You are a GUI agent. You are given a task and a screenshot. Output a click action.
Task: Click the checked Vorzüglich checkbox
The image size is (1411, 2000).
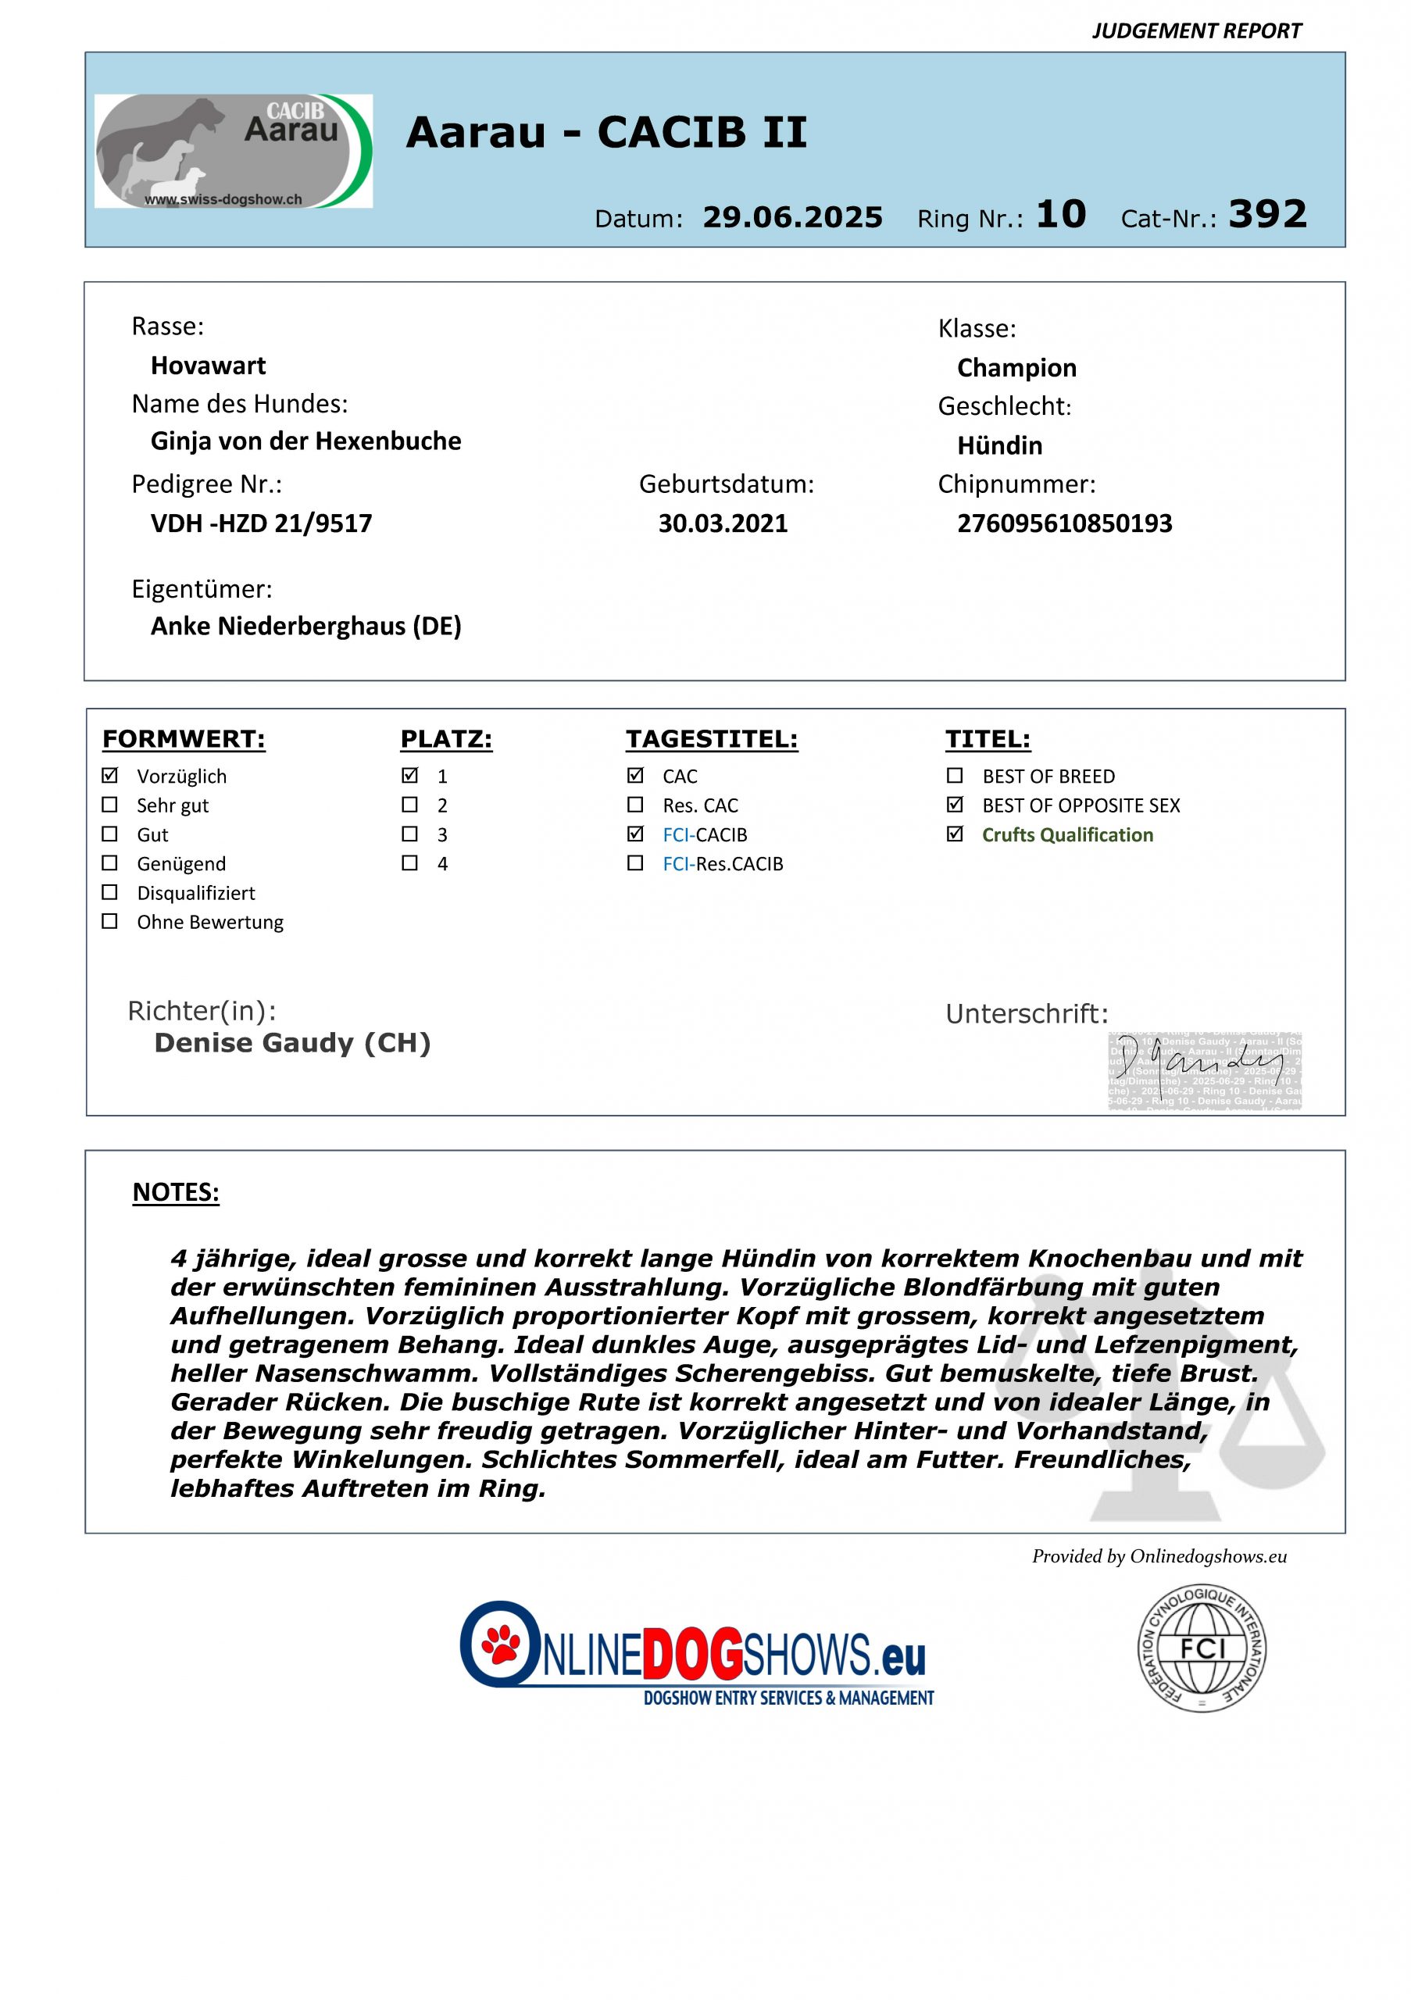109,775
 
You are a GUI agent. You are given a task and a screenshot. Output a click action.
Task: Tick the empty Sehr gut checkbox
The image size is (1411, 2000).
109,804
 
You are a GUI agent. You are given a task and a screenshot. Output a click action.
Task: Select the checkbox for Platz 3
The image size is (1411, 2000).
409,834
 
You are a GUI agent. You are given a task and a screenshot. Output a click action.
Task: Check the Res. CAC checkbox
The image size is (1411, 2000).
636,804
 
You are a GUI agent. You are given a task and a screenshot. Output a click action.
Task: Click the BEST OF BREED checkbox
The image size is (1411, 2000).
956,775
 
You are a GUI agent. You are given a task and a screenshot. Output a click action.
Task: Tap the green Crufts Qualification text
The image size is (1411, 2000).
1067,834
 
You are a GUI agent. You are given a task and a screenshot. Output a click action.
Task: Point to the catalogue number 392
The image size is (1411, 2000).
1267,214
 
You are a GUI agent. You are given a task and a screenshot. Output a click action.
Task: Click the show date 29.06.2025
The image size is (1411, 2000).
792,217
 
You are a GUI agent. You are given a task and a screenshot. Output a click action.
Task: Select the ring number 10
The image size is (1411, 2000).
1061,214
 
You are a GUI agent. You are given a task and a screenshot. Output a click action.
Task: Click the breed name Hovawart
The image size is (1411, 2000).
208,366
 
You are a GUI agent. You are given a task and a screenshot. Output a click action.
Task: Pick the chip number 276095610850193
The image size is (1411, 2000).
1064,523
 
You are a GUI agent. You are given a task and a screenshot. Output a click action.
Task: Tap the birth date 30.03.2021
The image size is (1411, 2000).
723,523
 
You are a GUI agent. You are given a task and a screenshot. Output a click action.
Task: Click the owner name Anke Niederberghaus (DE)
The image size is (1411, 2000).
305,627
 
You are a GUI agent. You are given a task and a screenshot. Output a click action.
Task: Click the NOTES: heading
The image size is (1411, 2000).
176,1192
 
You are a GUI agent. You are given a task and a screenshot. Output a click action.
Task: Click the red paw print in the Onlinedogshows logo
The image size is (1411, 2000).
501,1643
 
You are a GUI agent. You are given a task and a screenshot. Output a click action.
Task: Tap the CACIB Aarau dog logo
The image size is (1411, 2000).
234,152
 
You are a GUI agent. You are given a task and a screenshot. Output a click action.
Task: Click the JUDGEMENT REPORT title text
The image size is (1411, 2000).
1196,31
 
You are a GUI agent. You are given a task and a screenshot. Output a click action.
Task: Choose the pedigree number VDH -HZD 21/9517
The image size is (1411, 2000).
261,523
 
